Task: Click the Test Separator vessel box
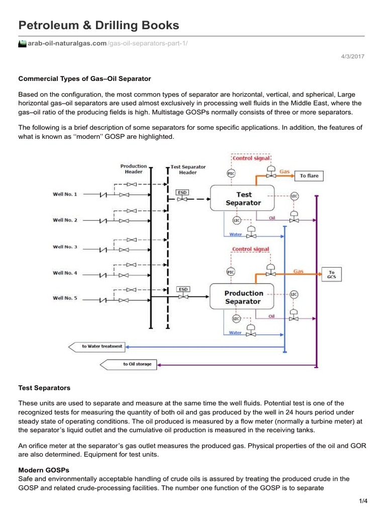point(243,199)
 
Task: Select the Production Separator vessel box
point(243,297)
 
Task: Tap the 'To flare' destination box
point(309,176)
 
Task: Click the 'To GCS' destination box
point(332,274)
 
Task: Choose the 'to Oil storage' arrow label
point(136,364)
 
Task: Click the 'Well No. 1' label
point(65,194)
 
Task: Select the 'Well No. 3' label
point(65,246)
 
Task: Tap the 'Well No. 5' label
point(65,298)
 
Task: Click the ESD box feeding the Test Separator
point(182,192)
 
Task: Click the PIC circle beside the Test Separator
point(231,174)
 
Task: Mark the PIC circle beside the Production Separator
point(231,272)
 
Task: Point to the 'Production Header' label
point(133,169)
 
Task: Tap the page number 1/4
point(363,500)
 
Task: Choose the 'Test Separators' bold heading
point(44,388)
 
